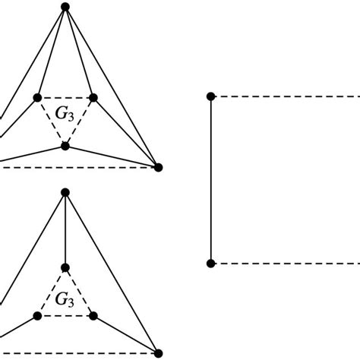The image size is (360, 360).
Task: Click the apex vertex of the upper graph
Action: [x=65, y=7]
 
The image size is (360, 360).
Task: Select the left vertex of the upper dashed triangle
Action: [x=37, y=97]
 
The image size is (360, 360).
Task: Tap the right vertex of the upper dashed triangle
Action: [x=93, y=97]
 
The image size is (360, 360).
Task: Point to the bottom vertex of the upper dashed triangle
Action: [x=65, y=146]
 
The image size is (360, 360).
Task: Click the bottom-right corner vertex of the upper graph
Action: [x=158, y=167]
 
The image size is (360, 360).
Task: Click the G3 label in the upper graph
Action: [x=65, y=115]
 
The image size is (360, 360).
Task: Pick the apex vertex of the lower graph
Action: [x=65, y=193]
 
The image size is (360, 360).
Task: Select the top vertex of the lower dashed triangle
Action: [x=65, y=267]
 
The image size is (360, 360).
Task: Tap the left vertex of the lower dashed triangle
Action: [x=37, y=316]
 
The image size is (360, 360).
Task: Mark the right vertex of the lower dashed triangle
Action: [x=93, y=316]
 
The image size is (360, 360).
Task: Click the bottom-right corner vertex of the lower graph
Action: [x=158, y=353]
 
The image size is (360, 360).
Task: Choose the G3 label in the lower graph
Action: [x=65, y=300]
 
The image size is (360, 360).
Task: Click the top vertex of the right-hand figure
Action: [x=211, y=96]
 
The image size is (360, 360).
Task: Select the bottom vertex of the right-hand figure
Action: [x=211, y=264]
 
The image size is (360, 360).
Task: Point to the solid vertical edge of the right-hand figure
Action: [x=211, y=180]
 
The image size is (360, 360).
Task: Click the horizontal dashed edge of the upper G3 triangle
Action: [x=65, y=97]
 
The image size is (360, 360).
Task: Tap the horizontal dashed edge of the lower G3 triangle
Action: [x=65, y=316]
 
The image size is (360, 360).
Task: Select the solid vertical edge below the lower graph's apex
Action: [x=65, y=230]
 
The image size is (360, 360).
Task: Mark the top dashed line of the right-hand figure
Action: [x=286, y=96]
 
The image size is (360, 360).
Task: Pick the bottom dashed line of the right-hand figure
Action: [x=286, y=264]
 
